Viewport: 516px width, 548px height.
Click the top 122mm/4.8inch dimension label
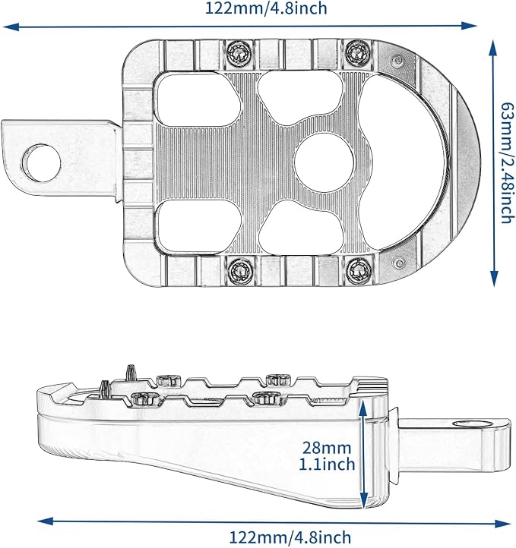(266, 8)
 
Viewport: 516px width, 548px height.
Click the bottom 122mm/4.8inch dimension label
(290, 537)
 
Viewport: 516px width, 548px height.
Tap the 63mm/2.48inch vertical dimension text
(508, 163)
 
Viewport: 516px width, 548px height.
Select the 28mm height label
(326, 448)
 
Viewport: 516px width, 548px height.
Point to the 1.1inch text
(327, 464)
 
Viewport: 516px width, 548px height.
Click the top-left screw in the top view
(239, 53)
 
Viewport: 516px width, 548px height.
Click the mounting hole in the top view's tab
(41, 163)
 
